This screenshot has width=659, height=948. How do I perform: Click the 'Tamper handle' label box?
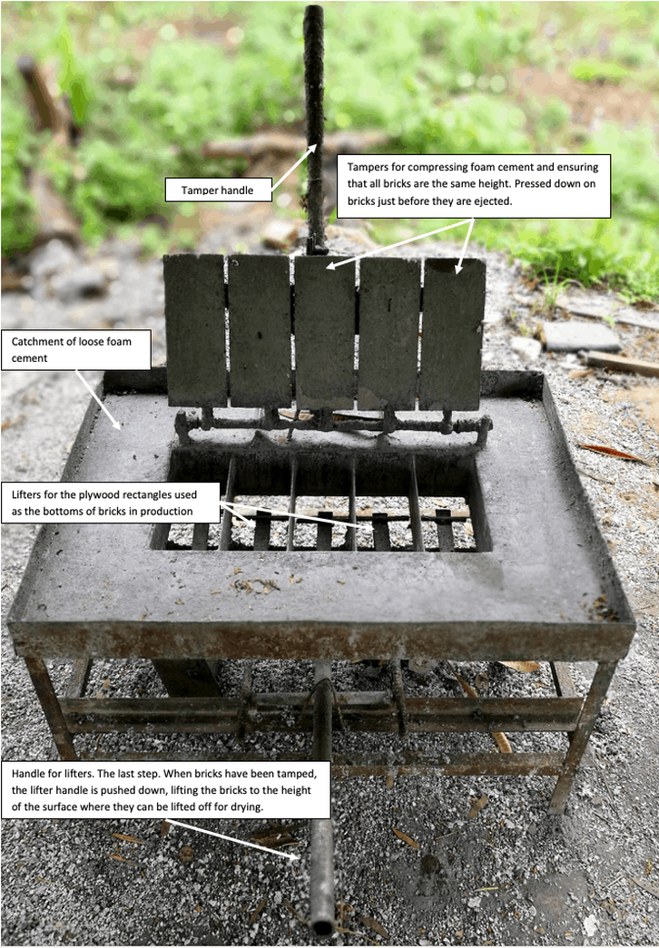click(218, 190)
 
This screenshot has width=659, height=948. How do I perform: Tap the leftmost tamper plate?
click(195, 330)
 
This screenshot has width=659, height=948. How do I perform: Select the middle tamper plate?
click(324, 333)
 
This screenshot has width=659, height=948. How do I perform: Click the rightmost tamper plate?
click(453, 334)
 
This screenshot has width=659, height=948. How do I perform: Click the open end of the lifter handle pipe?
click(322, 925)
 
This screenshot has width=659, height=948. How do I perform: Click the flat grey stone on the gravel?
click(580, 337)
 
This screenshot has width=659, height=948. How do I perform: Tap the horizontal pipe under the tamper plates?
click(333, 425)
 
